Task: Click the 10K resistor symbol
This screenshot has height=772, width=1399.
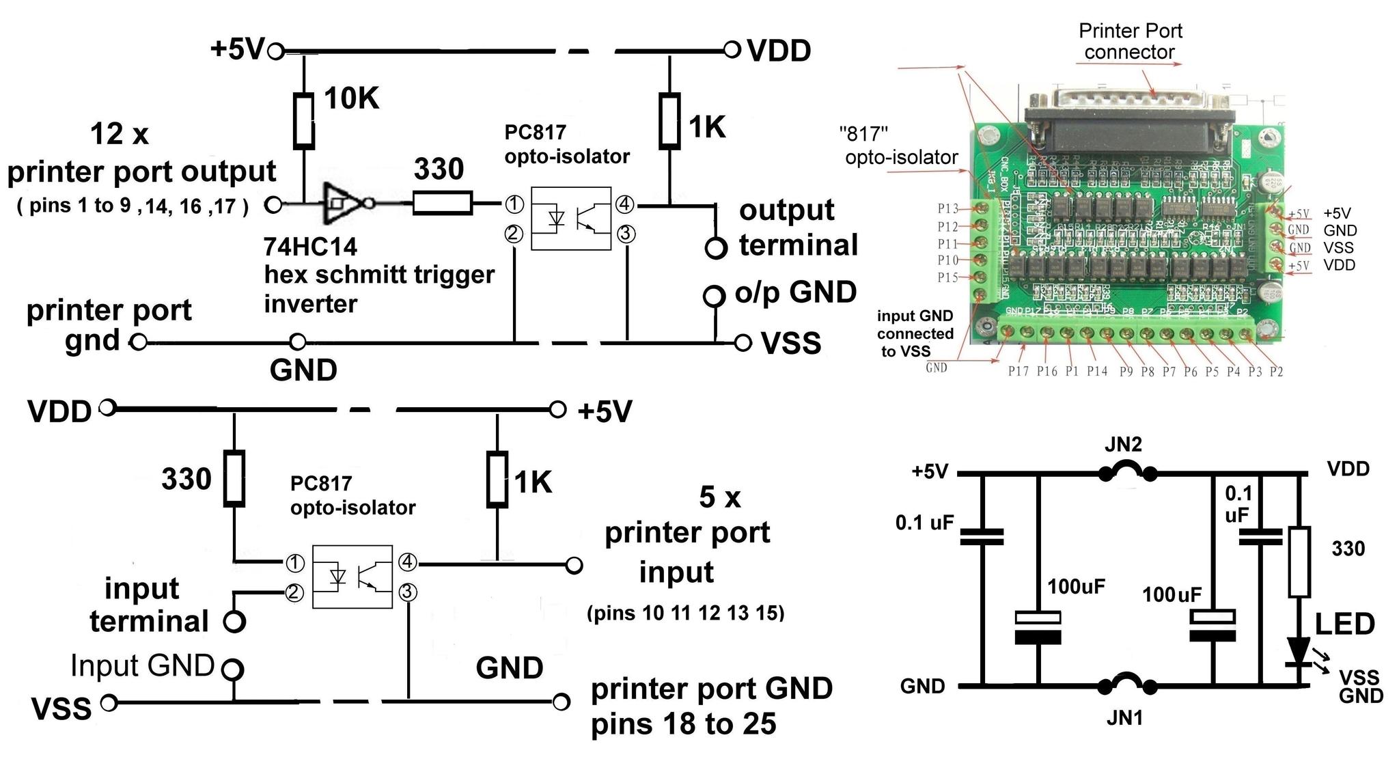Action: (304, 121)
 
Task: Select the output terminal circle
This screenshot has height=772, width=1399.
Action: (715, 248)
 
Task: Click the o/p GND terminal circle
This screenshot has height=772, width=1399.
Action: (713, 297)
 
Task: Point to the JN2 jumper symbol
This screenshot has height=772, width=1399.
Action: (1128, 472)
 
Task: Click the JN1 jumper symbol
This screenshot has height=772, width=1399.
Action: (1128, 684)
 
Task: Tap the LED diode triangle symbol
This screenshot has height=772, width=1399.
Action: (1298, 650)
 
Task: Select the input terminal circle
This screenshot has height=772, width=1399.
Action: (234, 622)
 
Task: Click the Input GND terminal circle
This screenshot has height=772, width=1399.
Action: (233, 669)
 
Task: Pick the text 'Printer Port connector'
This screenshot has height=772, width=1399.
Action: (1130, 41)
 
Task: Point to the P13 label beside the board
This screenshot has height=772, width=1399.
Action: (947, 208)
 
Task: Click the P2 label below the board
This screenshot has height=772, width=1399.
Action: (1276, 372)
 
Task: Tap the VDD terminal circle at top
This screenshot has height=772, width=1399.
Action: (732, 49)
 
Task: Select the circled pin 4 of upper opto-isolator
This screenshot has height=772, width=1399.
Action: (624, 204)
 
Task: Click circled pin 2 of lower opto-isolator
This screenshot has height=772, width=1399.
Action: (294, 592)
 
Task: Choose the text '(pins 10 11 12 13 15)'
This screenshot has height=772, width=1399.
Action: (685, 613)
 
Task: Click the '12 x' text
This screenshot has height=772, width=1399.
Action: (120, 134)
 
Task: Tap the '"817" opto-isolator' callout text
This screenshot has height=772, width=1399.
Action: (901, 146)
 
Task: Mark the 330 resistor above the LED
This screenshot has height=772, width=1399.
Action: (1299, 562)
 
